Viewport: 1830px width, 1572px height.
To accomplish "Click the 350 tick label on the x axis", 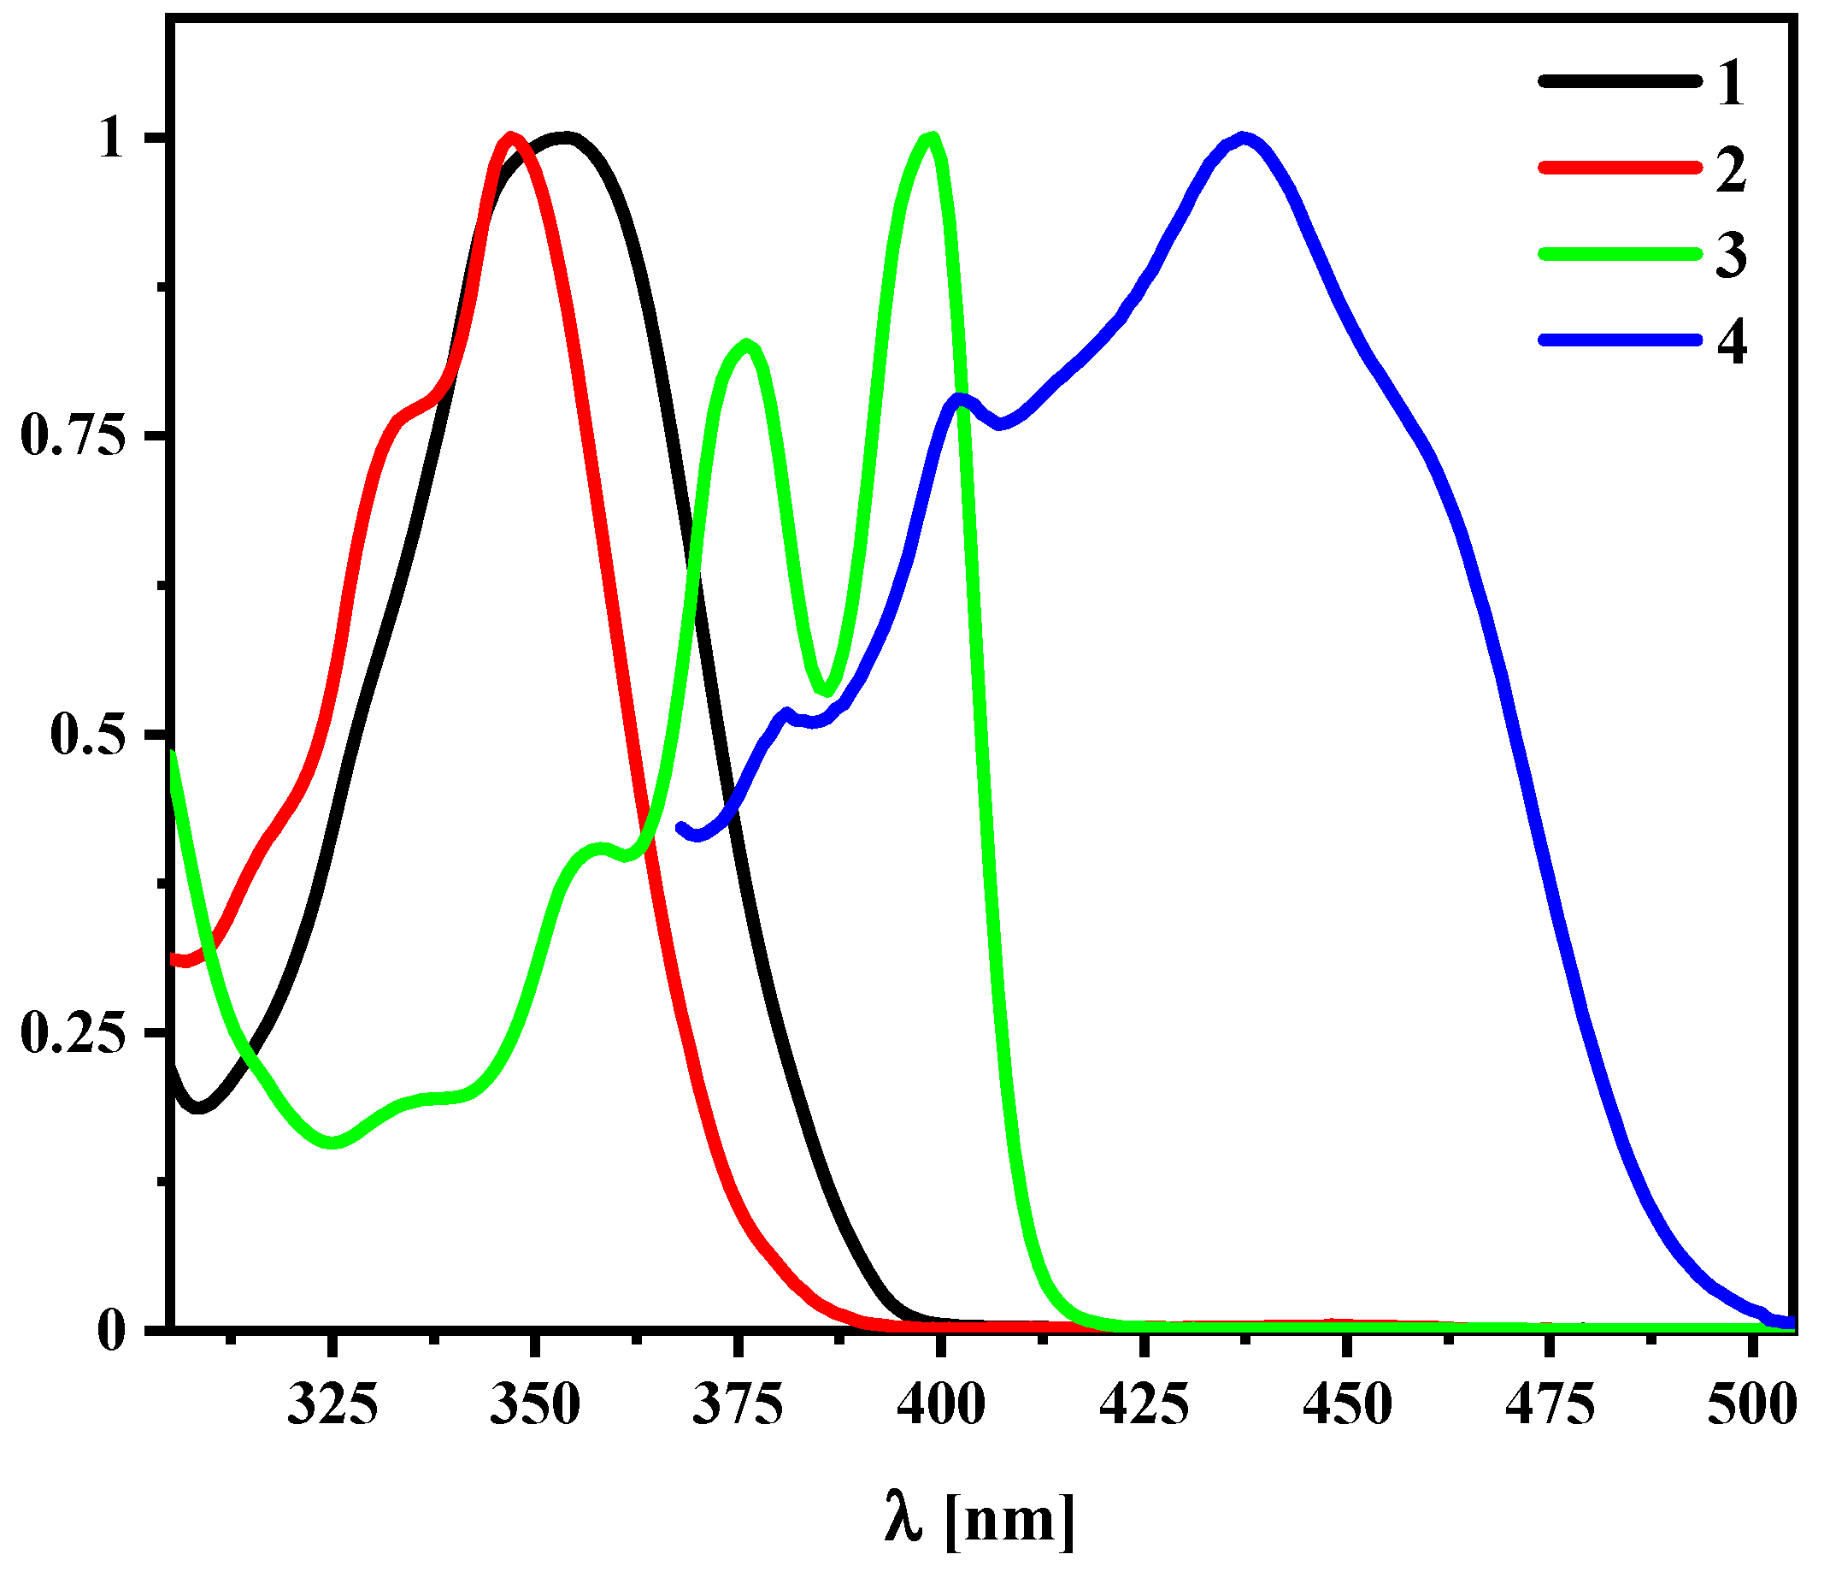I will click(x=534, y=1404).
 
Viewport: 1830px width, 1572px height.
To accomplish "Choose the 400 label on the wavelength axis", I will click(x=940, y=1404).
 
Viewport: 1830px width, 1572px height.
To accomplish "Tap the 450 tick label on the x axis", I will click(x=1347, y=1404).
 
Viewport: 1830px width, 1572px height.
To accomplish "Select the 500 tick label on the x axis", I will click(x=1751, y=1404).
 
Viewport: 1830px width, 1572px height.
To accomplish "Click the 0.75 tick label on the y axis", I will click(x=73, y=435).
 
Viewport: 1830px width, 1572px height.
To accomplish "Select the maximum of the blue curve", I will click(x=1244, y=139).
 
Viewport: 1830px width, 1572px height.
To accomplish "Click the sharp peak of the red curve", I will click(x=510, y=138).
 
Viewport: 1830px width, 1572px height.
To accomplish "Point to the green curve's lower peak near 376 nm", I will click(x=748, y=345).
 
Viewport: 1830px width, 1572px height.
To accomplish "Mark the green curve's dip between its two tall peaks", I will click(x=827, y=691).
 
